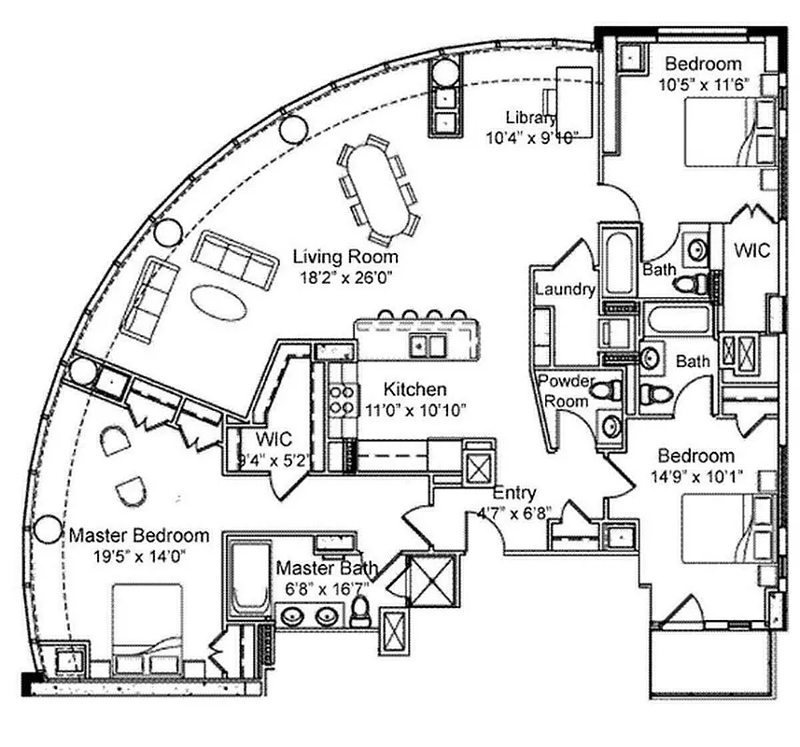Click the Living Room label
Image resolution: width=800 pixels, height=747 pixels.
tap(345, 256)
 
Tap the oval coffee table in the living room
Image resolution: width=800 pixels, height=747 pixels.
tap(219, 302)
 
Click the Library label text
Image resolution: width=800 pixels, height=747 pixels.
tap(531, 118)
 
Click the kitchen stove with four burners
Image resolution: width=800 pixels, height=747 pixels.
tap(343, 400)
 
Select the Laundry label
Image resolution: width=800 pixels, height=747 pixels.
tap(564, 289)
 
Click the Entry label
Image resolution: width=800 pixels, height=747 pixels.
tap(513, 492)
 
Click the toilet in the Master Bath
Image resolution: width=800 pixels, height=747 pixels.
tap(362, 612)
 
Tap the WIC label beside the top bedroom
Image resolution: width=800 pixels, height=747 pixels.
tap(751, 250)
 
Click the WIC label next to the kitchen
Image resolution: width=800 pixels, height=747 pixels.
tap(274, 439)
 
